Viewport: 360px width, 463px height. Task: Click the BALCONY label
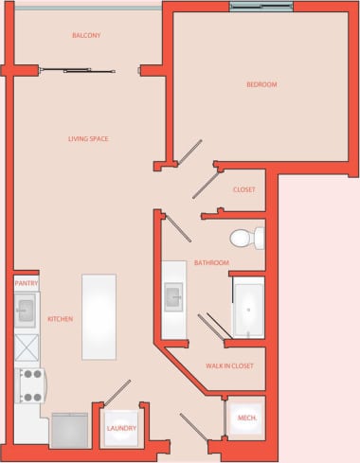[86, 36]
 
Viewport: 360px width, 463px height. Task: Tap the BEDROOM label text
[261, 85]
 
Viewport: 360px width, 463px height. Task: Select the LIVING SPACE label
[88, 139]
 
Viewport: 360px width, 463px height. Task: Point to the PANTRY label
[26, 283]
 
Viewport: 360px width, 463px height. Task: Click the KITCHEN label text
[60, 319]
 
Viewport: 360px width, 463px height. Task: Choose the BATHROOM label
[211, 262]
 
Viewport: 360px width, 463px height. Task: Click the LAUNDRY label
[121, 428]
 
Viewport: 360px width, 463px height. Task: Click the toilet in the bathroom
[248, 237]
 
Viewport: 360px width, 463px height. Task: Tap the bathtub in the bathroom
[250, 308]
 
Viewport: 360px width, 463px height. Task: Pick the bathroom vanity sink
[174, 298]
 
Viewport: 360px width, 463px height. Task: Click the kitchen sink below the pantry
[26, 310]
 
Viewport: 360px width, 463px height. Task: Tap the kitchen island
[99, 316]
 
